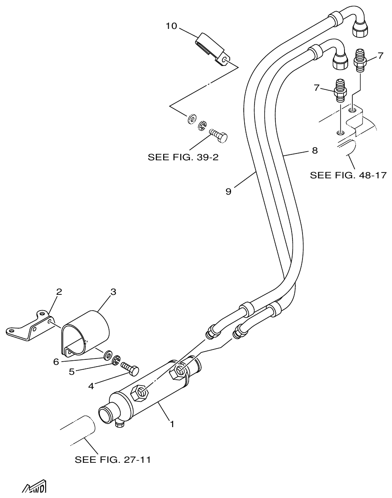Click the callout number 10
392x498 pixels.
[x=171, y=26]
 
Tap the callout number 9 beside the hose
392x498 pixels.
[x=228, y=191]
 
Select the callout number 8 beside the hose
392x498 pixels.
[x=315, y=150]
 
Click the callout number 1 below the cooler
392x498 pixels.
[x=172, y=424]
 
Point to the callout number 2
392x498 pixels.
[x=59, y=292]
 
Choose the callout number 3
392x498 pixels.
[x=113, y=292]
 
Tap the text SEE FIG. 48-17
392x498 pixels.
[x=348, y=175]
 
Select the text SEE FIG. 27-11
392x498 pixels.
[x=113, y=460]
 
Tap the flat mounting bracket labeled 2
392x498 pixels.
[x=29, y=327]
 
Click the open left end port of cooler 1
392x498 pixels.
[x=105, y=413]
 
